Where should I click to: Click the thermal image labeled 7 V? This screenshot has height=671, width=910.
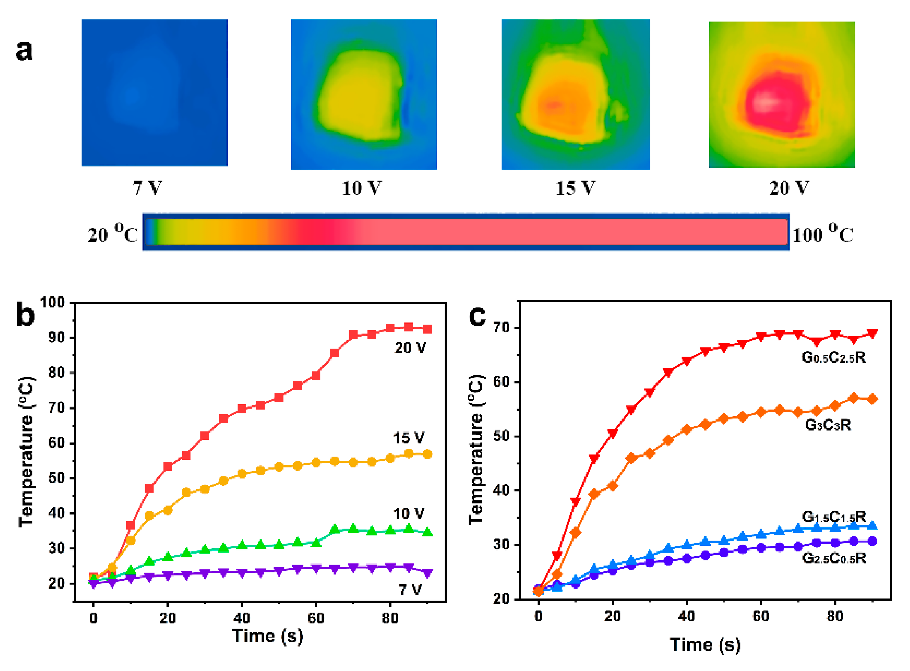[x=154, y=93]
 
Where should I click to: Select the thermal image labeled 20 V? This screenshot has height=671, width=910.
[x=782, y=94]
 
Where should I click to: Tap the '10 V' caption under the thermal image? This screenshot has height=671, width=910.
[x=362, y=188]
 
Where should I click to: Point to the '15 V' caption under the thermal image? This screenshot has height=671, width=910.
[x=575, y=188]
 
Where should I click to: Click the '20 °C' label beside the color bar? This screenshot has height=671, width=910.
[x=113, y=234]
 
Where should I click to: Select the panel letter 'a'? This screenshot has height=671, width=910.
[x=24, y=50]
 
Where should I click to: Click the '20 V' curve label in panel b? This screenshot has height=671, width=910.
[x=410, y=348]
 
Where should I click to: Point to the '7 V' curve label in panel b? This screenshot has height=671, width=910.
[x=410, y=590]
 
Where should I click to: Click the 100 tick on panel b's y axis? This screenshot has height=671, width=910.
[x=52, y=302]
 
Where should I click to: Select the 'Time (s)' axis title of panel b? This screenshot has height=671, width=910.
[x=267, y=636]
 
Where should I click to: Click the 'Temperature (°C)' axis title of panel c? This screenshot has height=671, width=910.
[x=476, y=449]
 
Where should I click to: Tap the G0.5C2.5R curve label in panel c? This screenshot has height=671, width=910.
[x=834, y=357]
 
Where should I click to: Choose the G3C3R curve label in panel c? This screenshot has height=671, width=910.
[x=828, y=425]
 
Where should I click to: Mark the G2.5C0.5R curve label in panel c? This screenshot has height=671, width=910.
[x=834, y=559]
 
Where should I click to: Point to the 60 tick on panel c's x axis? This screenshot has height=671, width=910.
[x=761, y=617]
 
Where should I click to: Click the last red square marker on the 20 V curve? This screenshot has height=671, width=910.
[x=427, y=329]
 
